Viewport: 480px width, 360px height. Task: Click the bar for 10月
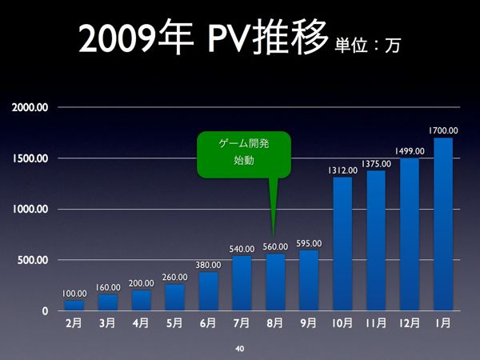342,244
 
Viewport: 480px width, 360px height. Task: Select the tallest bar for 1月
443,224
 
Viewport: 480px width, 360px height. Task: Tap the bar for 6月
209,291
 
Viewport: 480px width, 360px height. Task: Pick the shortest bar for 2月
74,306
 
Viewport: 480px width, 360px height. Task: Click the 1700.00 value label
443,130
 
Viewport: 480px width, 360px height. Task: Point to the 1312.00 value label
342,170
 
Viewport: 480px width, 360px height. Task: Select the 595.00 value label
309,244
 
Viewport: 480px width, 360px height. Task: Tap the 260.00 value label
174,277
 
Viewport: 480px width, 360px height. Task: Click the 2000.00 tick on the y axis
30,107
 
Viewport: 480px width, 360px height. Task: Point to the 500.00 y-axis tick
33,260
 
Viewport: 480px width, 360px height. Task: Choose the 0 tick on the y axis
46,311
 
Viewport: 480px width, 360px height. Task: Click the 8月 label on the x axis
275,323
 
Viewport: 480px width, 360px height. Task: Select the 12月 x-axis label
410,323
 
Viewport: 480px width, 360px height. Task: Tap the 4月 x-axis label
141,323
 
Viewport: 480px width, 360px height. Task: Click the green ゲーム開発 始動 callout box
244,154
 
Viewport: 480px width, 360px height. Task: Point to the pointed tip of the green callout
274,237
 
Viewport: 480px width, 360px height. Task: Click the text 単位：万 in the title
368,46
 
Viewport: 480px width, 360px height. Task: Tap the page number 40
240,348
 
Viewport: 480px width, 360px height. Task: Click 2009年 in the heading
136,37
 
